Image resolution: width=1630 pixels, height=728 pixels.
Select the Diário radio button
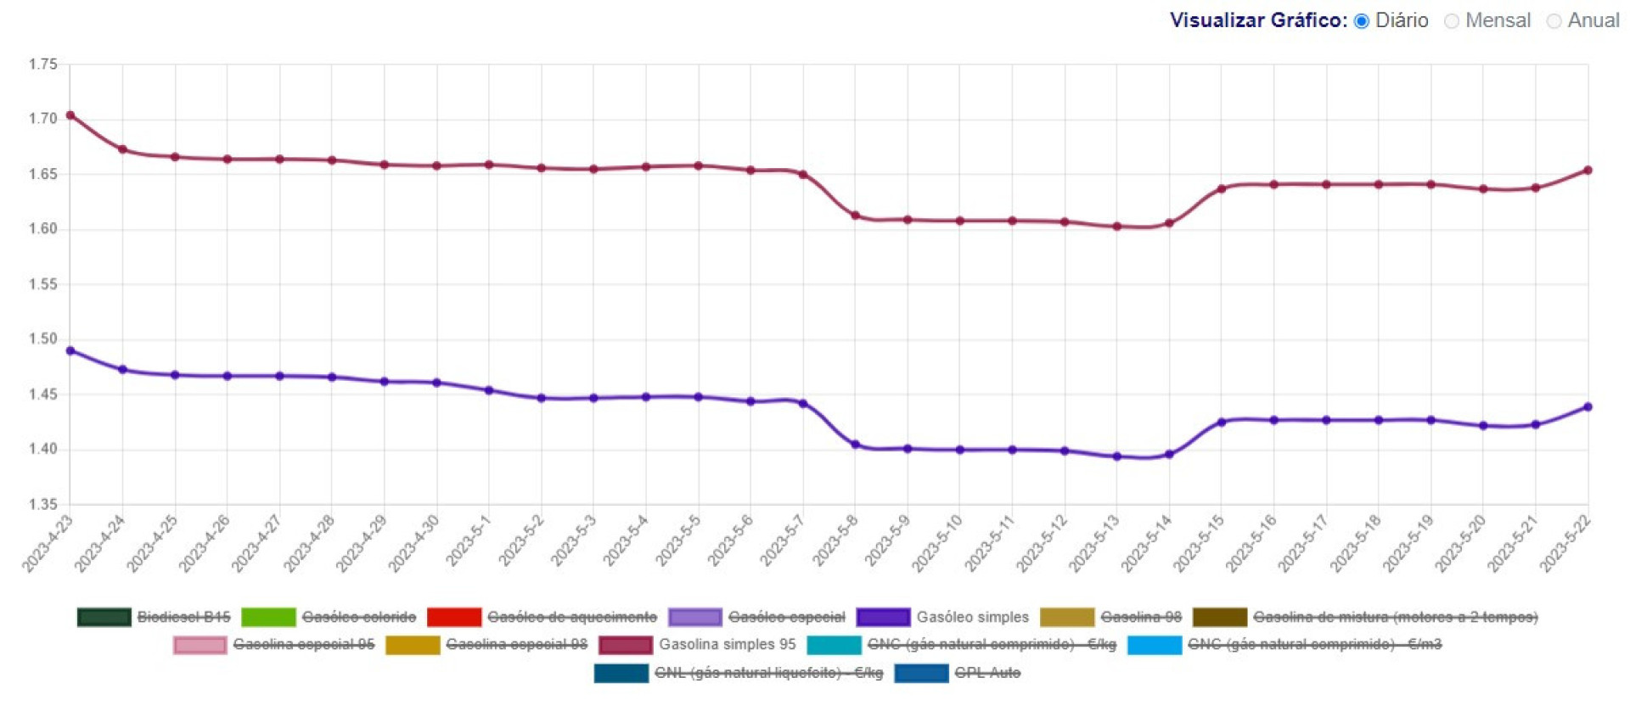click(x=1362, y=21)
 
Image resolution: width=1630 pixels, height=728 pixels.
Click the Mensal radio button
click(x=1452, y=21)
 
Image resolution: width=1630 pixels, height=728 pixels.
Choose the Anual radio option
click(x=1554, y=21)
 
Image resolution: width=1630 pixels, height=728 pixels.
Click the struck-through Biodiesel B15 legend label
click(x=183, y=617)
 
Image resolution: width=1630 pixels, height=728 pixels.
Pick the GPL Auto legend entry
click(x=987, y=673)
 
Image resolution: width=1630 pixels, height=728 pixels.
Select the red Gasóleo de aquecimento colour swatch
click(x=454, y=617)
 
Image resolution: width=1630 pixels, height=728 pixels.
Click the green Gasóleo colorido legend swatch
click(x=268, y=617)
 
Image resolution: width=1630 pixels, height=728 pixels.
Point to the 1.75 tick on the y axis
click(x=42, y=64)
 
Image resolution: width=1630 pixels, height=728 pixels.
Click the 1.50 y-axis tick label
click(x=42, y=339)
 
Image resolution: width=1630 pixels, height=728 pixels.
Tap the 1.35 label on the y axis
click(x=42, y=505)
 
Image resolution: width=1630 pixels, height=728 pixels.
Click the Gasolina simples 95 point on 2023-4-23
click(x=70, y=115)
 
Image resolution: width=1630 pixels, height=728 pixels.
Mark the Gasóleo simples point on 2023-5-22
click(x=1588, y=407)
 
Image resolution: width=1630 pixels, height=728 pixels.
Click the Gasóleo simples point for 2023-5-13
click(x=1117, y=456)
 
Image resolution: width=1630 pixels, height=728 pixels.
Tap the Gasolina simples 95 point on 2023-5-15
click(x=1222, y=189)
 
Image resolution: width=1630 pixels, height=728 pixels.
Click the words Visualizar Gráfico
click(x=1257, y=20)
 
